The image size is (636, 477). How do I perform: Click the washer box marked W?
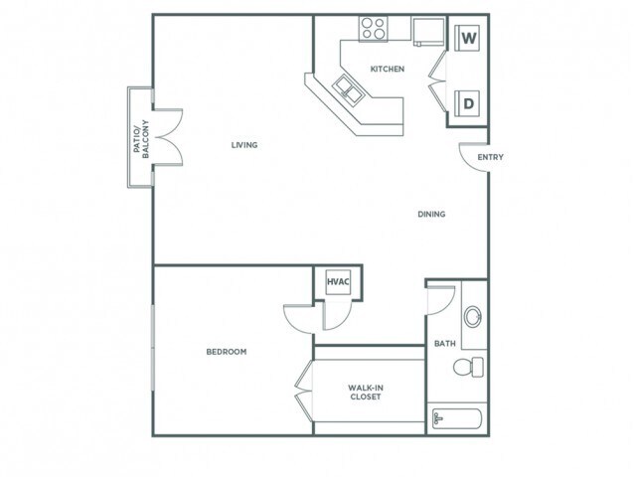click(x=468, y=41)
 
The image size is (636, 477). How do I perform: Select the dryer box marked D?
click(x=468, y=100)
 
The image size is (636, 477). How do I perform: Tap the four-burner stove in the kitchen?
click(x=374, y=29)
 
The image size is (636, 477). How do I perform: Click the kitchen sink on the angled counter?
click(x=349, y=88)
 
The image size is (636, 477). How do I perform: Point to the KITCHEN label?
click(x=387, y=70)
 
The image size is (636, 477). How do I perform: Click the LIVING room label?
click(x=244, y=145)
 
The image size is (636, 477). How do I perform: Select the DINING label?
click(x=431, y=214)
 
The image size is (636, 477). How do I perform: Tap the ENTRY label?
click(x=489, y=158)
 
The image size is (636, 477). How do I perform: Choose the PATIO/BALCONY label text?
click(x=140, y=137)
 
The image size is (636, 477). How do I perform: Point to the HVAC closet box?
click(x=337, y=282)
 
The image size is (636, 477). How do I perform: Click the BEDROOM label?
click(x=227, y=352)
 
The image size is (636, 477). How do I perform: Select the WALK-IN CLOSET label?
click(x=366, y=393)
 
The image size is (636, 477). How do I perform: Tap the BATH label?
click(x=444, y=344)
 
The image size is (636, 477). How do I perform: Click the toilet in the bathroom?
click(x=467, y=368)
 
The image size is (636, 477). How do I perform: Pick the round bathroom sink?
click(x=473, y=317)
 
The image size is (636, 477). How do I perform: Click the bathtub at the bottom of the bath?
click(x=457, y=418)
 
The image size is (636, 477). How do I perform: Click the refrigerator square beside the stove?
click(x=428, y=33)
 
